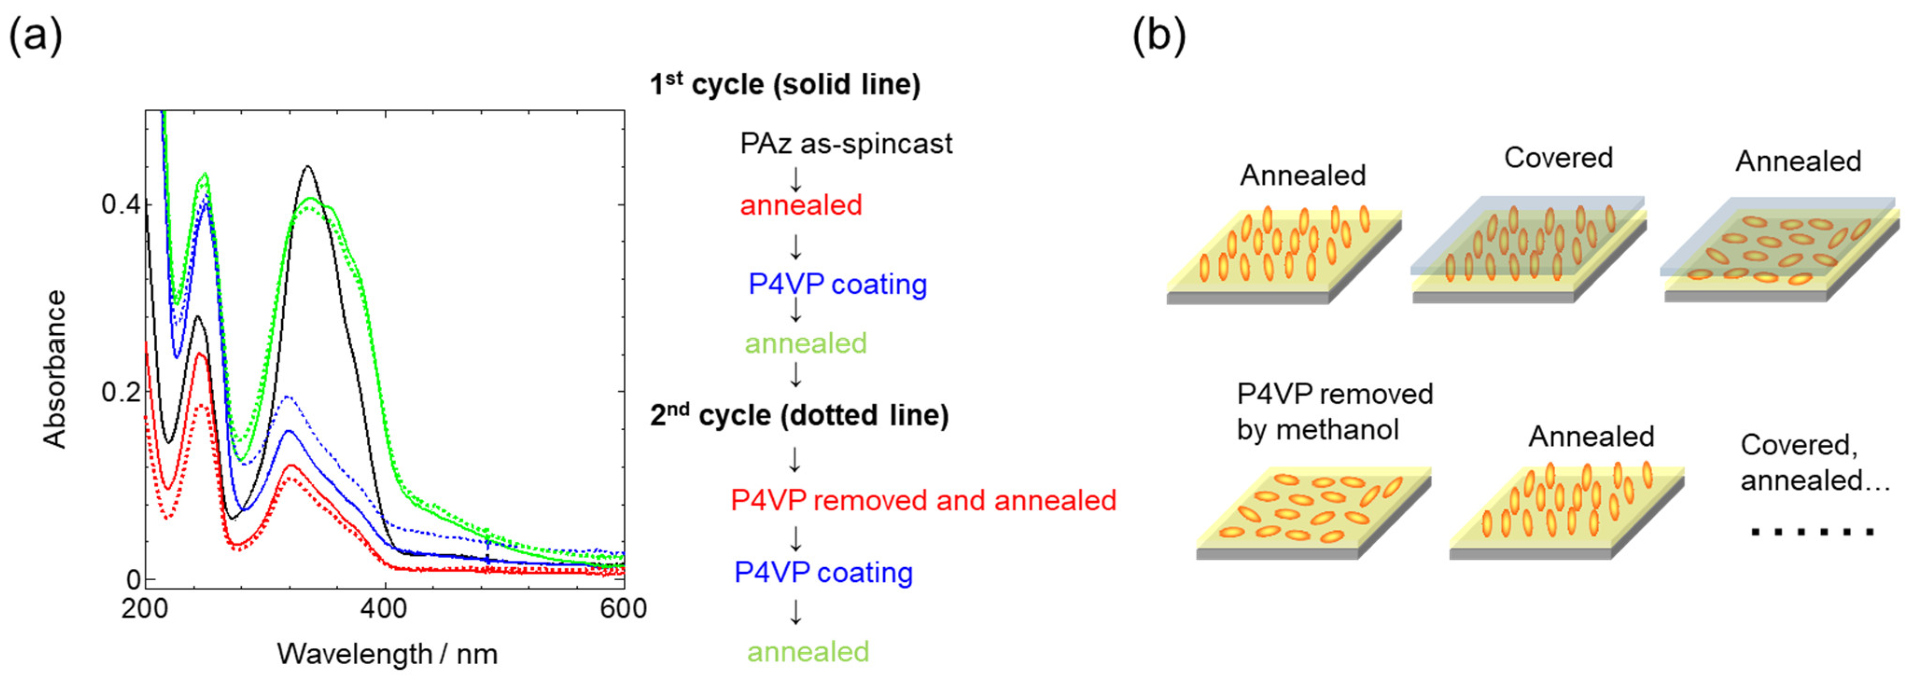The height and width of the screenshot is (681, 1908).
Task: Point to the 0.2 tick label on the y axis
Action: click(x=121, y=392)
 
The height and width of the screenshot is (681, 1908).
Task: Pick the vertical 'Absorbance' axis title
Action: click(x=55, y=369)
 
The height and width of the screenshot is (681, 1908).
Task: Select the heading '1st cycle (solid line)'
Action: click(x=785, y=84)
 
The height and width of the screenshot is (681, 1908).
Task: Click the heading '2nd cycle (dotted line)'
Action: click(x=799, y=415)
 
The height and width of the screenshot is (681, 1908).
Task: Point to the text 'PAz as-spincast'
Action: click(x=846, y=144)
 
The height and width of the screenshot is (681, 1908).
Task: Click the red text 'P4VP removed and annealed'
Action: click(x=923, y=501)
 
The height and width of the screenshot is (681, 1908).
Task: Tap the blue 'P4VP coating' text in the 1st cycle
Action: click(x=837, y=284)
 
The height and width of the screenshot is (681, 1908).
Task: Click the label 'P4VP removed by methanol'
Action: click(x=1335, y=412)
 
